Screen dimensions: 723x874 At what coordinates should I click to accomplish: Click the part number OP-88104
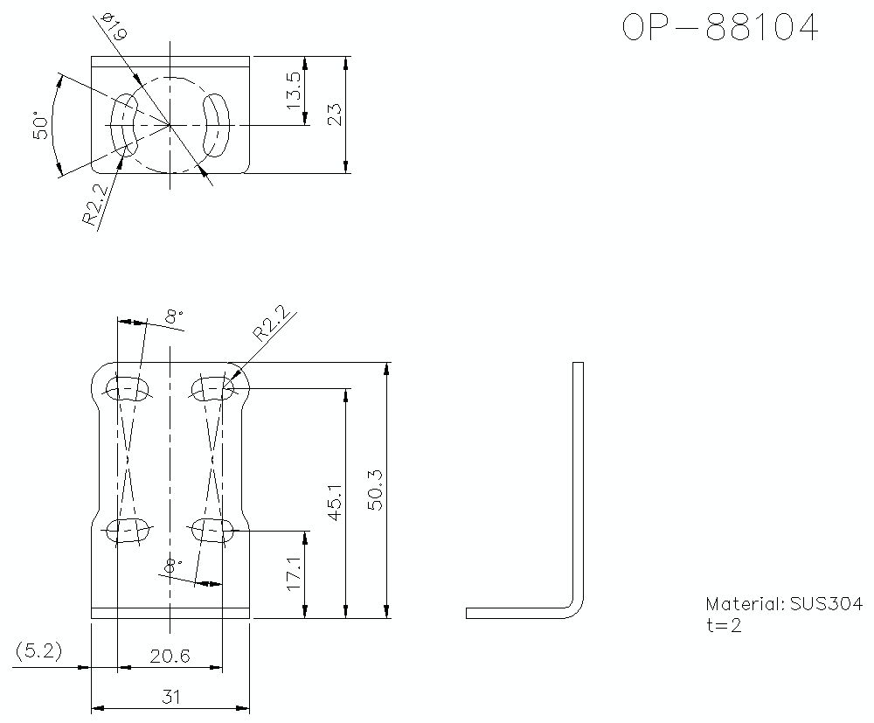[x=720, y=28]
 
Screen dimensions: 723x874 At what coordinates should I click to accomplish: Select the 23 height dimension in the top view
[x=334, y=115]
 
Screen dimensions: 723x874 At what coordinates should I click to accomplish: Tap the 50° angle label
[x=40, y=125]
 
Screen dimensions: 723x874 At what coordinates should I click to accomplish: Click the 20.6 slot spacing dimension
[x=170, y=655]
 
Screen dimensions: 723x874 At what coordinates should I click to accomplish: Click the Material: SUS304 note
[x=783, y=604]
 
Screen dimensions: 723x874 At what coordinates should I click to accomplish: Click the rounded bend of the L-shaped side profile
[x=574, y=606]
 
